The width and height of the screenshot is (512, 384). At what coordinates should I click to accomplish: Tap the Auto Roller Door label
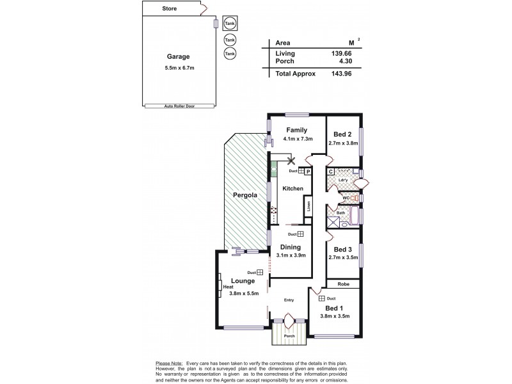(x=178, y=106)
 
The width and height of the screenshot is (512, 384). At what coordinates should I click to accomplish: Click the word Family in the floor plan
(x=297, y=130)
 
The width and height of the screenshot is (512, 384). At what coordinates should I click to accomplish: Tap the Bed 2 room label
(x=343, y=134)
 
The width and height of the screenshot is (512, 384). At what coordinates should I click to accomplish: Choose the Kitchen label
(x=292, y=189)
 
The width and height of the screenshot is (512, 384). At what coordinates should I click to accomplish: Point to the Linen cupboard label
(x=308, y=207)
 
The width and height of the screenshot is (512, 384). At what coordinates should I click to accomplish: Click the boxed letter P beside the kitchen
(x=307, y=172)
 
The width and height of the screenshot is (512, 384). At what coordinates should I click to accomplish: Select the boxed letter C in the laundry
(x=331, y=172)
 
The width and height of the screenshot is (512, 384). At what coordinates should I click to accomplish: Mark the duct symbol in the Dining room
(x=300, y=235)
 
